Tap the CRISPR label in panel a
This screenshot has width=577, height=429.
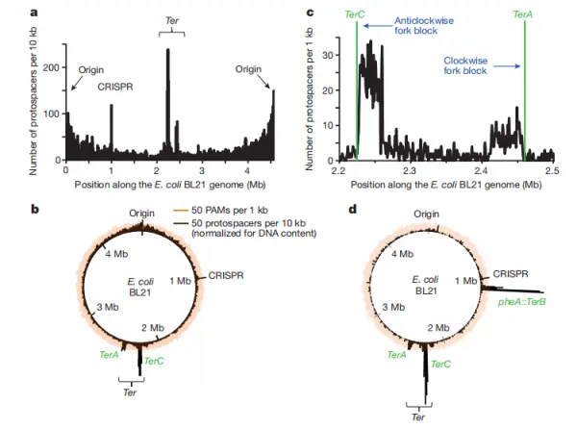point(114,86)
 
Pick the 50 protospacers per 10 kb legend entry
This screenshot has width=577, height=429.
point(249,223)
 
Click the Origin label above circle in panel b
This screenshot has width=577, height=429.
point(143,214)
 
